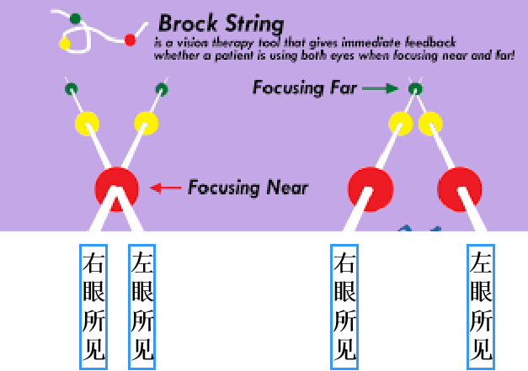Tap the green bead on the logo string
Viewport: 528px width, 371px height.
coord(76,18)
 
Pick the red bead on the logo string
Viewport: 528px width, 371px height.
coord(130,40)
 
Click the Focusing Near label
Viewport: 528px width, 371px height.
coord(247,187)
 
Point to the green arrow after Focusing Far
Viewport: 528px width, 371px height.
coord(383,87)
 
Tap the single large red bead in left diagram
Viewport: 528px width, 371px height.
coord(116,187)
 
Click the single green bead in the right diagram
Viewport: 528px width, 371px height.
coord(414,88)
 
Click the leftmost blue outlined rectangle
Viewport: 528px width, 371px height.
coord(93,306)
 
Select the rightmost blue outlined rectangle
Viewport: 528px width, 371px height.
coord(480,306)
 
